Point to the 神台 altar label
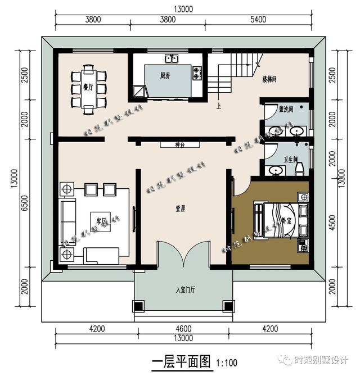click(180, 145)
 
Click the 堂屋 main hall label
click(180, 207)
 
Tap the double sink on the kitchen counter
click(172, 58)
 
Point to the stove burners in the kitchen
click(196, 73)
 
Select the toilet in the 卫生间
click(299, 167)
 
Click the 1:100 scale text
click(227, 363)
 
